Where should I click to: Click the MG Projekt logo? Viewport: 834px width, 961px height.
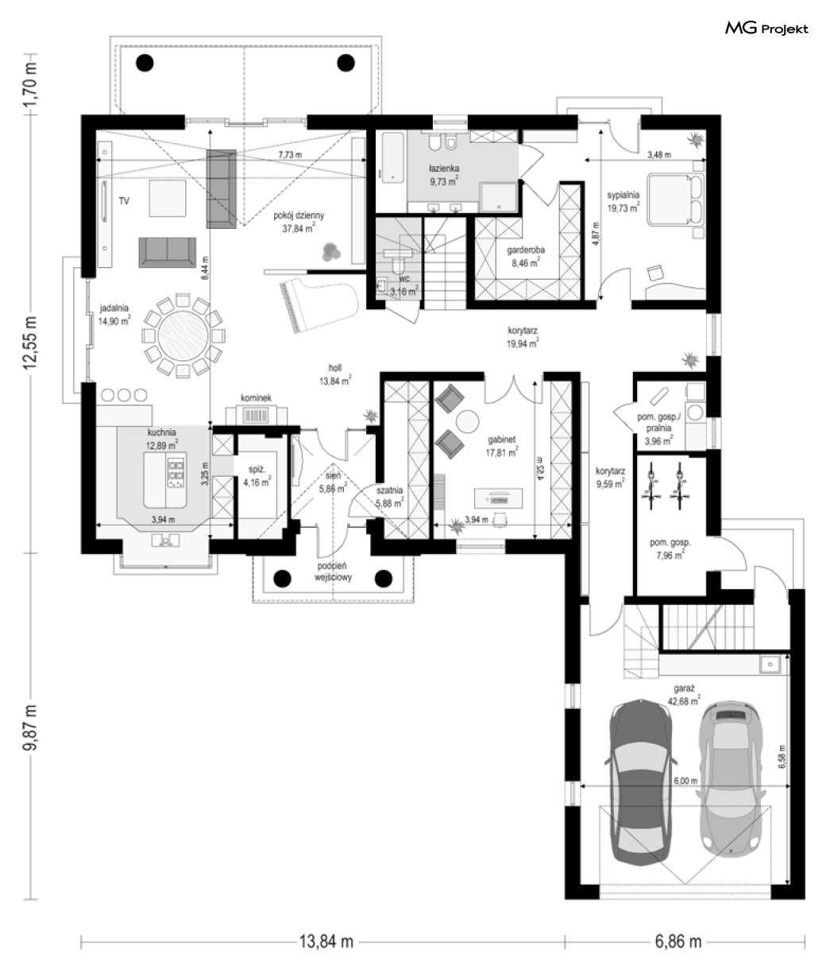pos(766,28)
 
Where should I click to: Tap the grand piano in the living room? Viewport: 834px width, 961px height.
pos(319,304)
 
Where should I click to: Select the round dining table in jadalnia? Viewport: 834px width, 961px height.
pos(183,335)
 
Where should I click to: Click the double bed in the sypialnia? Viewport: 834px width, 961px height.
pos(676,200)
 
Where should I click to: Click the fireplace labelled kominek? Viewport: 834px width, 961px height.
pos(257,415)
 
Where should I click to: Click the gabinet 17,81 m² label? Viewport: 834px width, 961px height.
pos(502,446)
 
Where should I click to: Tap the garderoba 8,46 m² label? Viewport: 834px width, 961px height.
pos(525,257)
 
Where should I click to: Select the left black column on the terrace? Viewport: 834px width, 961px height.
pos(145,62)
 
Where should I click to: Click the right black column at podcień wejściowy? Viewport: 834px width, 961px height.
pos(384,578)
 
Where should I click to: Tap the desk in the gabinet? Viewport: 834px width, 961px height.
pos(498,498)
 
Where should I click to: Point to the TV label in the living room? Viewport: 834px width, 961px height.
pos(124,201)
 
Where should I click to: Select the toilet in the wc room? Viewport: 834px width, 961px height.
pos(399,265)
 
